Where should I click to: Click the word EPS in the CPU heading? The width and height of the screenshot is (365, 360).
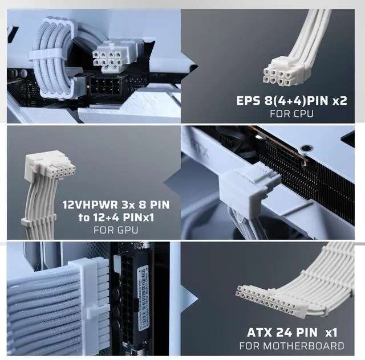coord(248,101)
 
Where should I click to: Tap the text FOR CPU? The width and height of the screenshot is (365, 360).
coord(291,114)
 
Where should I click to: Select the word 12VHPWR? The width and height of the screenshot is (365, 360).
coord(90,205)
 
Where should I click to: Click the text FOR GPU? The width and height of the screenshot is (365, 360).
coord(116,230)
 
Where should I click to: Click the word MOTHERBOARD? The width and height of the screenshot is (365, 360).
coord(303,346)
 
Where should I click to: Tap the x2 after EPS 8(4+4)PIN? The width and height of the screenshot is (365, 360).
coord(340,101)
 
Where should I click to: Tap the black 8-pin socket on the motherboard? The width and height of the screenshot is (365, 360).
coord(105,86)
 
